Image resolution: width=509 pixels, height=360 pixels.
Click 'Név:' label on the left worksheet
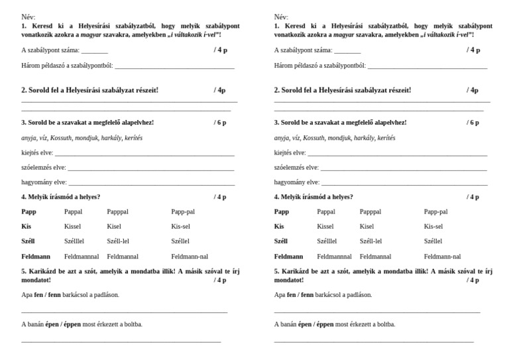coord(29,17)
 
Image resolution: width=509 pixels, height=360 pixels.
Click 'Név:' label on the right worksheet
coord(282,17)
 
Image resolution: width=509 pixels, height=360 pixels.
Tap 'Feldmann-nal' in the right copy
coord(442,256)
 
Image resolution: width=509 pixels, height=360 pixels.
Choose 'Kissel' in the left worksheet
coord(72,227)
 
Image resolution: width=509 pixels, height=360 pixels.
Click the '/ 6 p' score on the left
coord(219,123)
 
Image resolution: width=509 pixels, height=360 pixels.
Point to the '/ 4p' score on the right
coord(472,90)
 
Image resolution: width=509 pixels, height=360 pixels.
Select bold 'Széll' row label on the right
coord(281,241)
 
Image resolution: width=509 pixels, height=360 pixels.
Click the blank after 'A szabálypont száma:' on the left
coord(95,51)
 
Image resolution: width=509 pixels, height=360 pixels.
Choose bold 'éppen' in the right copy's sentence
coord(325,324)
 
